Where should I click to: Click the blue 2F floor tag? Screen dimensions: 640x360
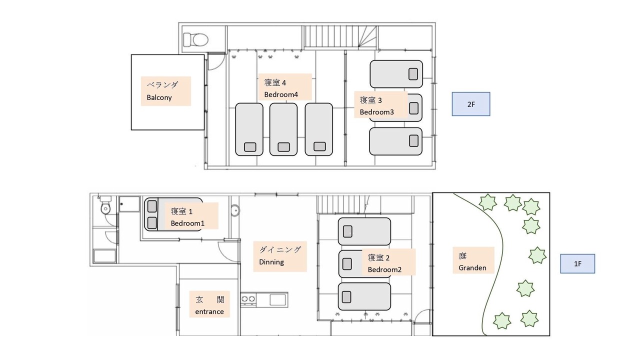point(471,104)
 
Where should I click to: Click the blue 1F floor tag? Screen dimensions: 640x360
point(577,263)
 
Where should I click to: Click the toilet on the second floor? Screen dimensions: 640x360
point(195,39)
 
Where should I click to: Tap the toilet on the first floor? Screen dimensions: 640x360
point(105,205)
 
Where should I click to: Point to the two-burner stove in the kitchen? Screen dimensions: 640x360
point(248,299)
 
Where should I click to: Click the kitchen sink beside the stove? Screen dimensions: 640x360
point(277,300)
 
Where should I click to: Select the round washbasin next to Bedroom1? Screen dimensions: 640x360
point(235,210)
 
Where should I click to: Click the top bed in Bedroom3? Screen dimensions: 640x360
point(396,74)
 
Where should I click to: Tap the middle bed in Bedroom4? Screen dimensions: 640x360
point(283,129)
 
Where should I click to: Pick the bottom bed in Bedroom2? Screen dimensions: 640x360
point(364,296)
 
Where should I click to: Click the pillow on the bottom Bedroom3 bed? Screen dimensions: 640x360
point(413,141)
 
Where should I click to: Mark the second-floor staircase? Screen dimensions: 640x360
point(340,36)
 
